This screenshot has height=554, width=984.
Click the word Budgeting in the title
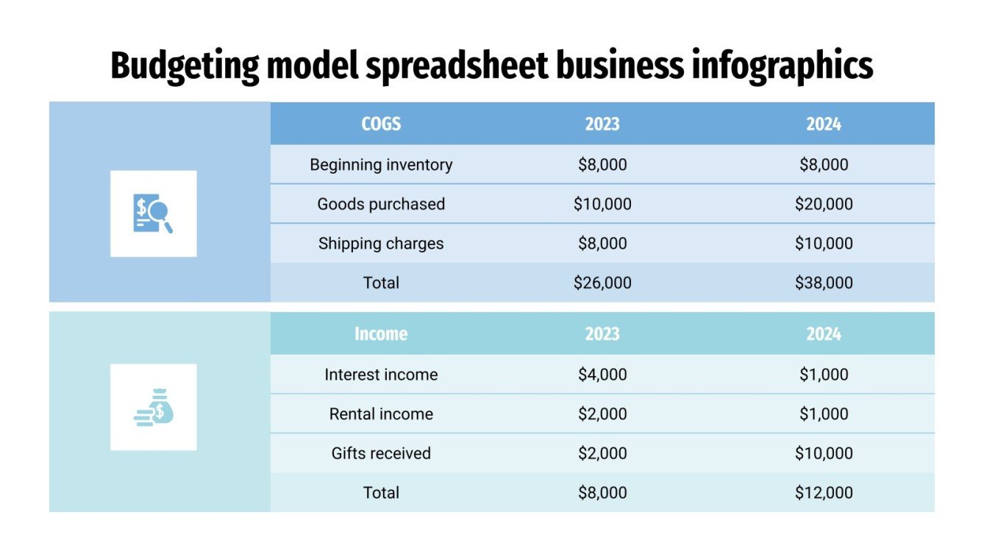184,67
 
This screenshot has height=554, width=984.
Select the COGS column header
381,124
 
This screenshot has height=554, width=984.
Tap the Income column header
381,334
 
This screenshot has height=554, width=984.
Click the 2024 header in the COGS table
823,124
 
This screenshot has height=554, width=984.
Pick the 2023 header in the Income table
602,334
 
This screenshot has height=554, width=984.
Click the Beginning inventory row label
381,165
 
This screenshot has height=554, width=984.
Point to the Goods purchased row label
381,204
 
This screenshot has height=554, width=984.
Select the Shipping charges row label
381,244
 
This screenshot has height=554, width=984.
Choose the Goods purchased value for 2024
824,204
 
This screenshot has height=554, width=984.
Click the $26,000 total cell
602,283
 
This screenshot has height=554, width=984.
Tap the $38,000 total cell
824,283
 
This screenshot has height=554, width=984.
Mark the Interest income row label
381,374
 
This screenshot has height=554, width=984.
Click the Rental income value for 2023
602,414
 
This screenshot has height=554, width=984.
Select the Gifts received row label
381,453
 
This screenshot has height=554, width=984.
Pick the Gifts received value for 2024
824,453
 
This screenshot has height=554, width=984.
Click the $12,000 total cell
824,493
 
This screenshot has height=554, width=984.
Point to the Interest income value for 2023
602,374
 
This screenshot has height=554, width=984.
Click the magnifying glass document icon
153,213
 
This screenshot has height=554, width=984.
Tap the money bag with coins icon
154,407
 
